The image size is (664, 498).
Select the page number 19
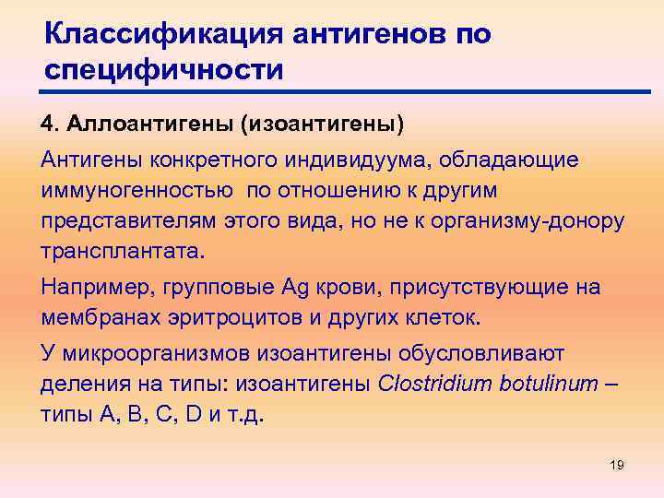click(617, 465)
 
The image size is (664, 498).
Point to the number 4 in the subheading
click(47, 123)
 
